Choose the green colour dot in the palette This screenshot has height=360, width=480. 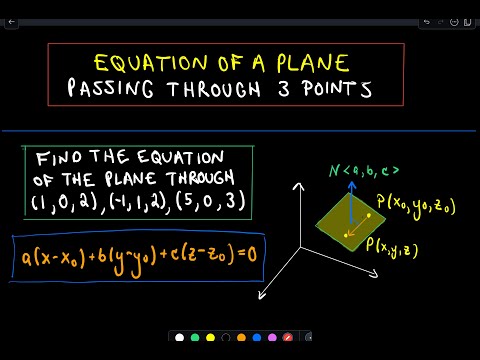(x=195, y=336)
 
